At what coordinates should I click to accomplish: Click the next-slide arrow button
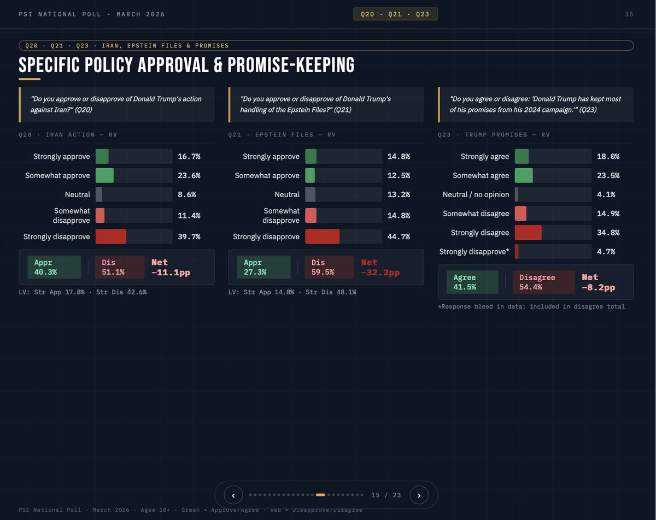[x=419, y=495]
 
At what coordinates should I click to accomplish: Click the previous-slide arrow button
[x=233, y=495]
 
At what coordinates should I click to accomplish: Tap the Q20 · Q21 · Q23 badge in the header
[x=395, y=14]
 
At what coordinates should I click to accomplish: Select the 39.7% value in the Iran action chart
[x=189, y=237]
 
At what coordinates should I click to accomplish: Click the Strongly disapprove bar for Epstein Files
[x=323, y=237]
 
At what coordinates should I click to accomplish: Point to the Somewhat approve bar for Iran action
[x=105, y=175]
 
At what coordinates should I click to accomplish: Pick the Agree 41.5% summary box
[x=472, y=282]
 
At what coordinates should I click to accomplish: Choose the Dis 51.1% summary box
[x=120, y=267]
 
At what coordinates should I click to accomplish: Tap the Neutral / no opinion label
[x=476, y=194]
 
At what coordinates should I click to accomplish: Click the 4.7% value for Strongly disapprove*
[x=606, y=252]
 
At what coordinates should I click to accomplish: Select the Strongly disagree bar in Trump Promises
[x=529, y=233]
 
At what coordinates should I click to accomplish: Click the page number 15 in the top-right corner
[x=629, y=14]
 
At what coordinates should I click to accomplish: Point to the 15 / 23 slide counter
[x=386, y=495]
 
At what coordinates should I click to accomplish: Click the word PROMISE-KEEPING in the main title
[x=291, y=65]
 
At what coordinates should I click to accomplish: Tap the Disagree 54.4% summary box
[x=543, y=282]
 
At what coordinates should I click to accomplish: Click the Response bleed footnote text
[x=531, y=306]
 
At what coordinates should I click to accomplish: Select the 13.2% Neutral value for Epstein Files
[x=399, y=194]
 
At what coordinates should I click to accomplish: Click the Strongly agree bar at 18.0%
[x=522, y=156]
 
